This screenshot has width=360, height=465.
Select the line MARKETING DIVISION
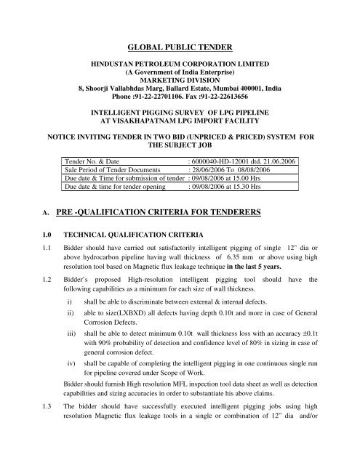tap(179, 73)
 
